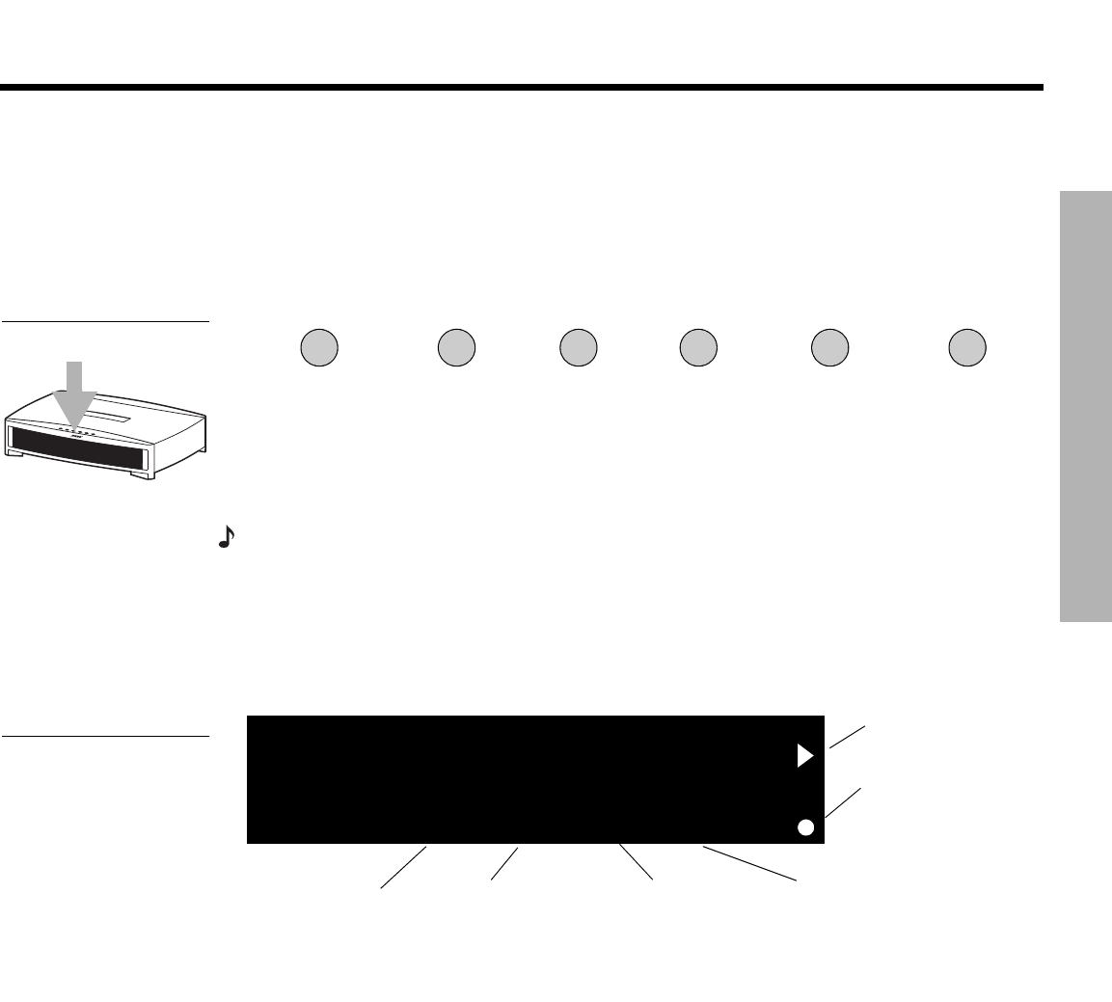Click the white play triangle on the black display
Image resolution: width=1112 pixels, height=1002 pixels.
pyautogui.click(x=805, y=756)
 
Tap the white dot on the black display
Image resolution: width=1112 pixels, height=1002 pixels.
pyautogui.click(x=806, y=826)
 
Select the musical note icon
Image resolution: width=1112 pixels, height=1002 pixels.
pyautogui.click(x=226, y=538)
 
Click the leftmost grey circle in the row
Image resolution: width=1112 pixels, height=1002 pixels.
pyautogui.click(x=319, y=347)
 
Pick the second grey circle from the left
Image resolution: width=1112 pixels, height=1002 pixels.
pyautogui.click(x=456, y=347)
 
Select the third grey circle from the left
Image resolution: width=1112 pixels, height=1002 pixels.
pyautogui.click(x=578, y=347)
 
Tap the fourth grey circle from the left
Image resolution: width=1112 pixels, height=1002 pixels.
pyautogui.click(x=697, y=347)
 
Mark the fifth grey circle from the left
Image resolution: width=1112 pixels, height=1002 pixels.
pyautogui.click(x=829, y=347)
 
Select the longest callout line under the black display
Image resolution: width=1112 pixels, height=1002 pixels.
pyautogui.click(x=750, y=863)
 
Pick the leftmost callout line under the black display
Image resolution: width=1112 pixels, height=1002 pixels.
pyautogui.click(x=403, y=867)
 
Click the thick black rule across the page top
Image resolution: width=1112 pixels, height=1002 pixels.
pyautogui.click(x=521, y=88)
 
